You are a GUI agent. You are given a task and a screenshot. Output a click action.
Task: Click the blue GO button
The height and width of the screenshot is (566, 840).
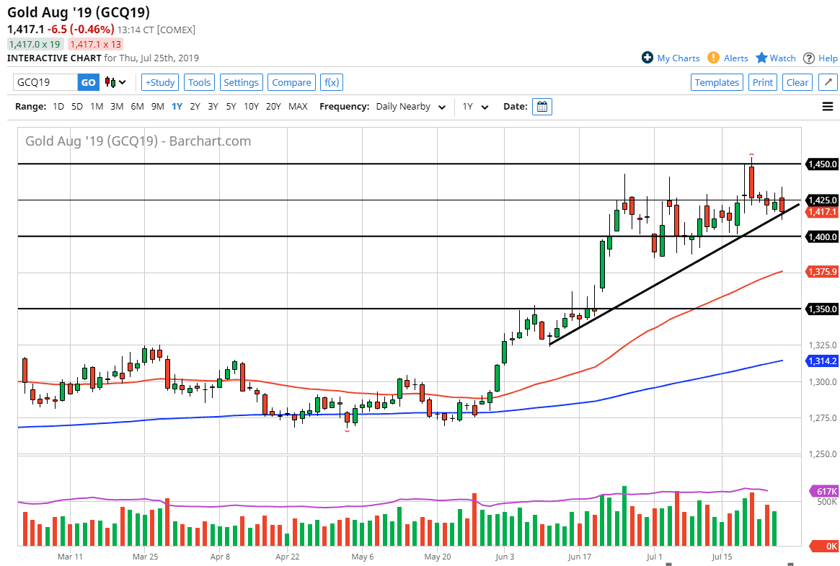(x=88, y=82)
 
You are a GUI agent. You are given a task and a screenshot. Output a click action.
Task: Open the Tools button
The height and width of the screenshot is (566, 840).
(x=199, y=82)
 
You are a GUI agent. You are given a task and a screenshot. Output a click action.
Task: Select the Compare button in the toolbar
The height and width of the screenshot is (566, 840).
(x=291, y=82)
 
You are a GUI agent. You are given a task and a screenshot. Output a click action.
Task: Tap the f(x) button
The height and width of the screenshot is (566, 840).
(x=332, y=82)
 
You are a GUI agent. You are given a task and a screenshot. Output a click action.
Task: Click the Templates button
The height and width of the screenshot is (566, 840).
(x=717, y=82)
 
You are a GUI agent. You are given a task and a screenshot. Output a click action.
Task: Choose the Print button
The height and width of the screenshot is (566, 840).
(x=762, y=82)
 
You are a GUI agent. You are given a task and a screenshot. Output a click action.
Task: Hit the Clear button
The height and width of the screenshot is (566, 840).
(x=797, y=82)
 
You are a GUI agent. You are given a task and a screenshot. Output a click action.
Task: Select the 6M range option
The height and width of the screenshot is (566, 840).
(x=137, y=107)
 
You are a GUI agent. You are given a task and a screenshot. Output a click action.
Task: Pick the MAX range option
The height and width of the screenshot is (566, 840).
(x=298, y=107)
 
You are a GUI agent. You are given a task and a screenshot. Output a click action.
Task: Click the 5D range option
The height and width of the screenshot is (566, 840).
(x=77, y=107)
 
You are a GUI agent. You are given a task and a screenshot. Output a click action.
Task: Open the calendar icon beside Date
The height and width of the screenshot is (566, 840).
(x=543, y=107)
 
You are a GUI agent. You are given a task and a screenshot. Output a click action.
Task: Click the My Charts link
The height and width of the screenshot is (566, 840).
(x=671, y=58)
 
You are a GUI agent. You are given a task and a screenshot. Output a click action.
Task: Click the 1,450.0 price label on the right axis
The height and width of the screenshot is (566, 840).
(x=823, y=164)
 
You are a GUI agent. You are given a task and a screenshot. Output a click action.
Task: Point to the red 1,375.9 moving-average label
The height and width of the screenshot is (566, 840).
(x=823, y=272)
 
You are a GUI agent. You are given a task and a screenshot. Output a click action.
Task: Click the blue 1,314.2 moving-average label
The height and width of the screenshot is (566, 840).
(x=823, y=361)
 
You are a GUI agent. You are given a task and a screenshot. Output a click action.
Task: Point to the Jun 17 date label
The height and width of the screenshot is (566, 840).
(x=579, y=557)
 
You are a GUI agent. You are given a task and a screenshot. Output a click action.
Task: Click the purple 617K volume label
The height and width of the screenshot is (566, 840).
(x=823, y=491)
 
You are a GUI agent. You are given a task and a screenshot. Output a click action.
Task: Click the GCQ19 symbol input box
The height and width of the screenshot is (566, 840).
(x=45, y=82)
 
